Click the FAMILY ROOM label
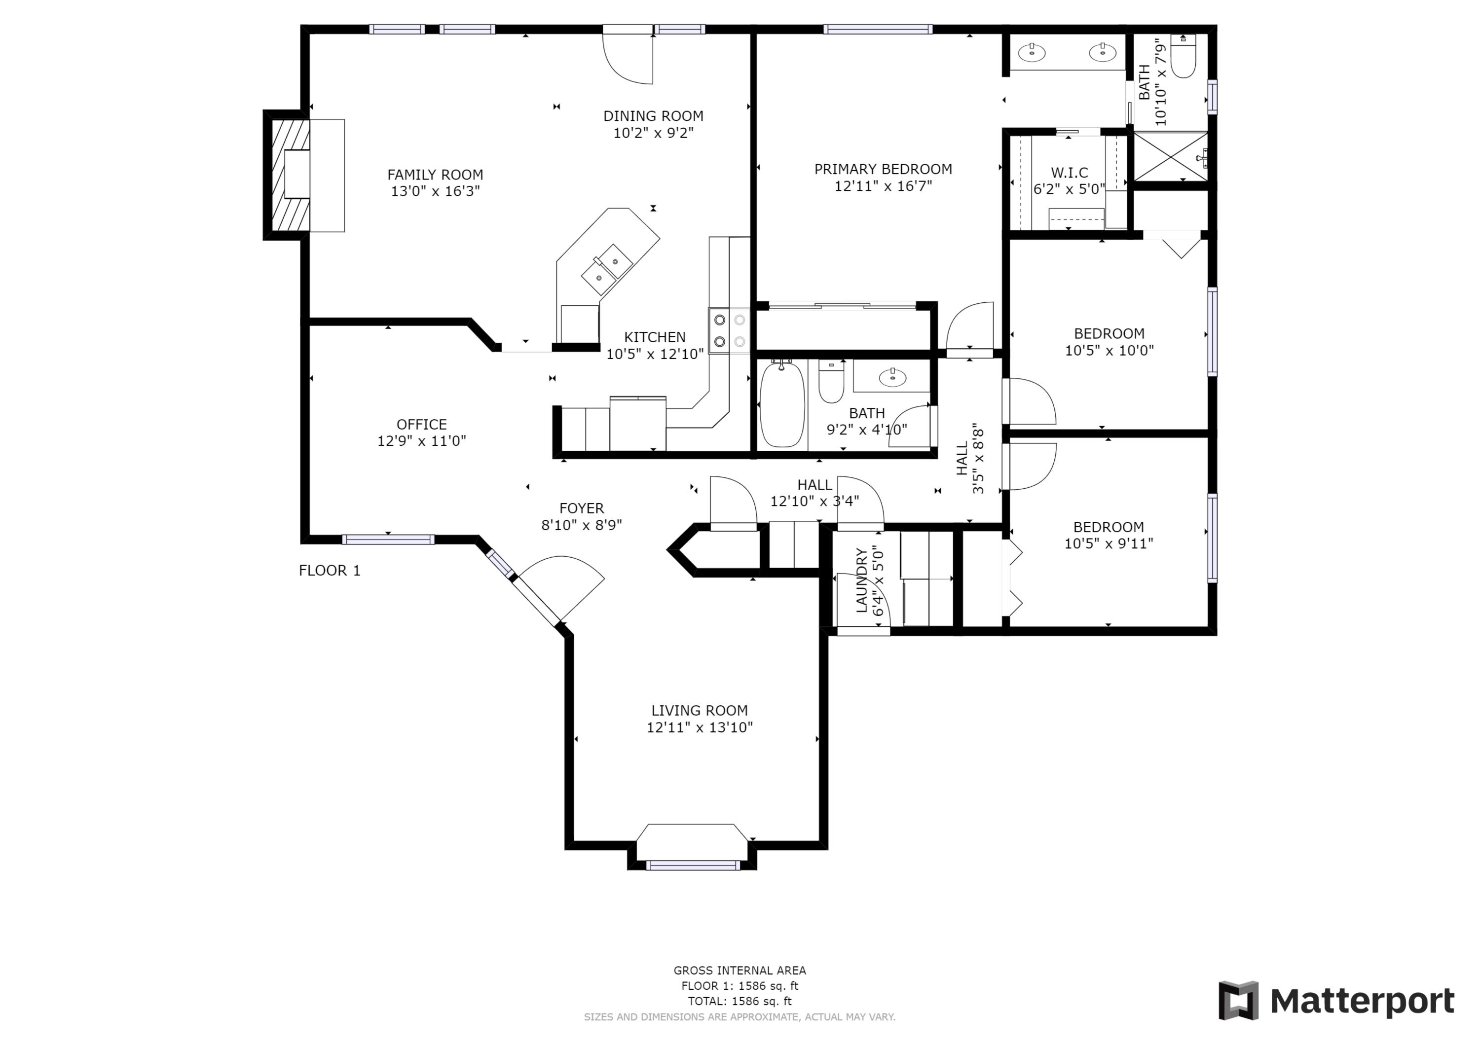(x=435, y=175)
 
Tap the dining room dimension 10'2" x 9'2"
(x=653, y=133)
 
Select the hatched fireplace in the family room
(x=288, y=175)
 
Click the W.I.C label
(x=1070, y=173)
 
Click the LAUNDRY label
(x=861, y=579)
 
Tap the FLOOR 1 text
(x=330, y=571)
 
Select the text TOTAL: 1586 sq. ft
(x=740, y=1001)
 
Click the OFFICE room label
(x=422, y=424)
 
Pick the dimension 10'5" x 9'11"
(x=1108, y=543)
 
